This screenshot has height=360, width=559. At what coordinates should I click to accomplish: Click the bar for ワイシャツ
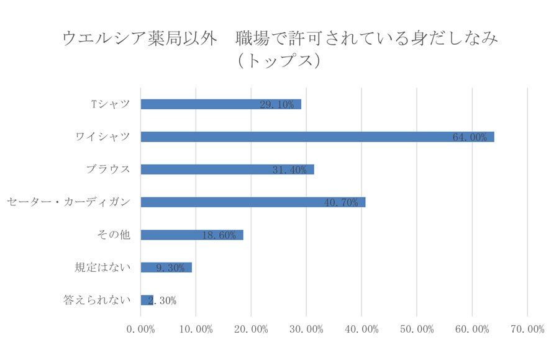pos(317,137)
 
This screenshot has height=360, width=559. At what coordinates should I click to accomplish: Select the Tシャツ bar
pos(220,104)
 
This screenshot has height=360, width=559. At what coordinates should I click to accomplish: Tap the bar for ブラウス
pos(227,169)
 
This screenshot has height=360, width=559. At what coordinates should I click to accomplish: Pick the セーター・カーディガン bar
pos(253,202)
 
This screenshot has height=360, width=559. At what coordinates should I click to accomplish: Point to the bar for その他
pos(191,235)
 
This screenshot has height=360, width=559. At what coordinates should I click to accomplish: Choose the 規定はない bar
pos(166,267)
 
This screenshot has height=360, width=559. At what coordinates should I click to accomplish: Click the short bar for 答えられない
pos(147,300)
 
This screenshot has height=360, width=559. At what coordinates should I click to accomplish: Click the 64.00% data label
pos(470,137)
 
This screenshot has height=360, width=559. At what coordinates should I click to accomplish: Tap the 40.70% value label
pos(341,202)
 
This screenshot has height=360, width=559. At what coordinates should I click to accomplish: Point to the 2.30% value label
pos(161,300)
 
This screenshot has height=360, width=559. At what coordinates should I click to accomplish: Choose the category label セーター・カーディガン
pos(68,202)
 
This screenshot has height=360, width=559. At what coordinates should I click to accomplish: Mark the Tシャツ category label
pos(111,104)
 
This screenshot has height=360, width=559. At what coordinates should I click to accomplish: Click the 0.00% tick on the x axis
pos(141,329)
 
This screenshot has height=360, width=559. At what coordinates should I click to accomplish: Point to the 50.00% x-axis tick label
pos(417,329)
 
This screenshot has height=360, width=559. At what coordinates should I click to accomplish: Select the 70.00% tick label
pos(527,329)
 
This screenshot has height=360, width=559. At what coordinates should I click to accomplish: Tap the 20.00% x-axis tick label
pos(252,329)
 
